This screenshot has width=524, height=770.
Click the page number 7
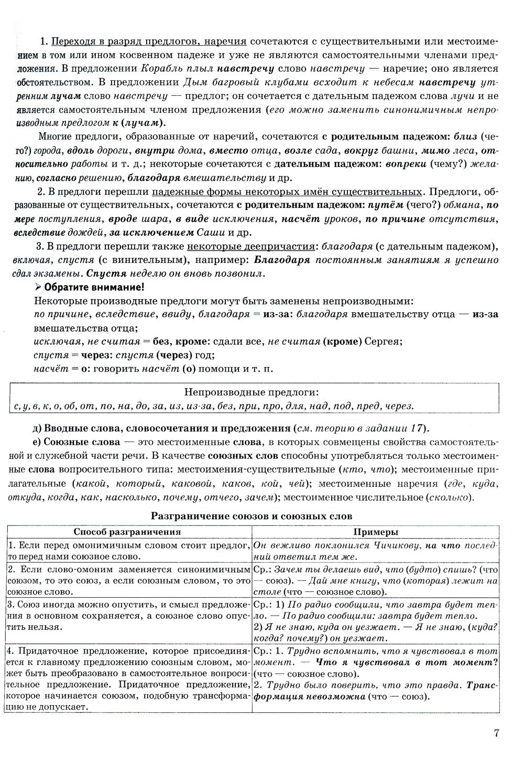pos(496,733)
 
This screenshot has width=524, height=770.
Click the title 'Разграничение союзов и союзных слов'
pos(252,515)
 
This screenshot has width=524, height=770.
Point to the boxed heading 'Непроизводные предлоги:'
pos(252,392)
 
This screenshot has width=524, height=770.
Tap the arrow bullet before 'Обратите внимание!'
pos(37,287)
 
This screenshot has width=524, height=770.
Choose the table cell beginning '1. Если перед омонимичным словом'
pos(128,551)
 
